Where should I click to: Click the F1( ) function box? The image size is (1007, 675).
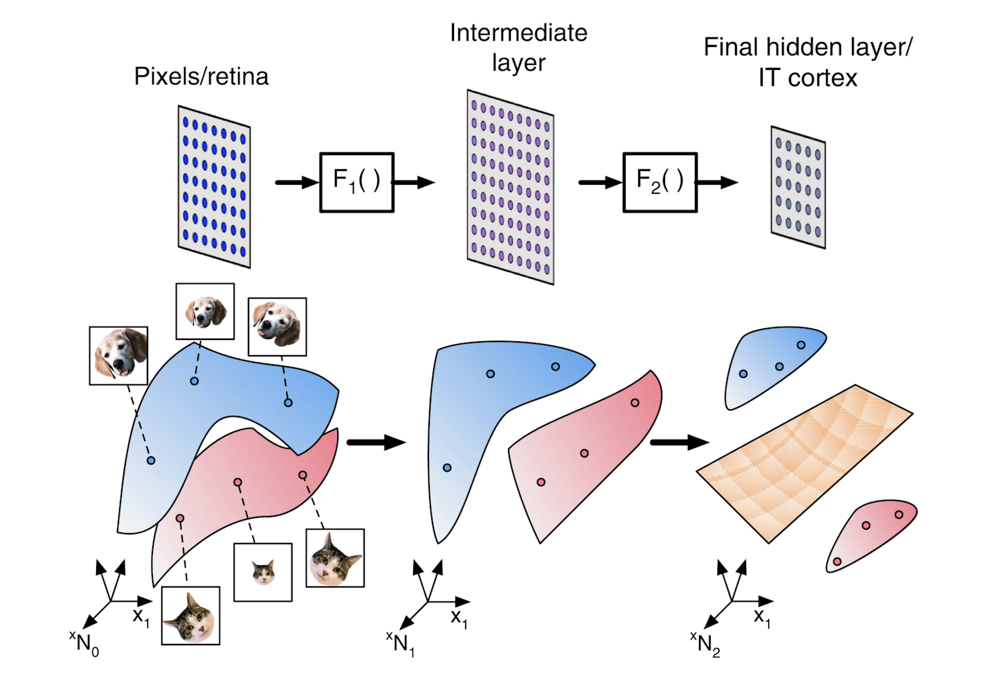(x=356, y=182)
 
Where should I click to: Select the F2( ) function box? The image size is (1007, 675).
(x=660, y=182)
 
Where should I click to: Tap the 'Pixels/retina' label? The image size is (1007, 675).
(x=201, y=76)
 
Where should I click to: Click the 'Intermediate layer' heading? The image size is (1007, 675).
(x=518, y=47)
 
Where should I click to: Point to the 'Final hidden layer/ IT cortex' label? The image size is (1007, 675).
(x=808, y=62)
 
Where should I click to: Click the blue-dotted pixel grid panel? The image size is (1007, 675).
(x=214, y=186)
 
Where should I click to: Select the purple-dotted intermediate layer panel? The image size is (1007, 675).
(x=510, y=186)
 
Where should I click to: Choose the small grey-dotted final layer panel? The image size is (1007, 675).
(x=798, y=187)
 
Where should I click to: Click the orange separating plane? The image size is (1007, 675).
(x=805, y=462)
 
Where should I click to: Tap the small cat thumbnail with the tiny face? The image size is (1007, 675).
(x=263, y=572)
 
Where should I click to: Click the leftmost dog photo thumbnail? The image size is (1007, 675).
(x=118, y=355)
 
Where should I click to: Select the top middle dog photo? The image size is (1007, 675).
(x=205, y=311)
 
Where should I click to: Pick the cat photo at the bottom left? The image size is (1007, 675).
(x=190, y=615)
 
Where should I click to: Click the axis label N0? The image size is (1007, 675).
(x=86, y=644)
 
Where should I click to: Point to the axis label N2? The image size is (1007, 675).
(x=707, y=645)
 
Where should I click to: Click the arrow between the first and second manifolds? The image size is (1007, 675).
(x=375, y=442)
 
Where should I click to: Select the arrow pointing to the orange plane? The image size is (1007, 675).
(x=679, y=442)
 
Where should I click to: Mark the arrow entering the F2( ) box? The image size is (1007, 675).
(x=599, y=183)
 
